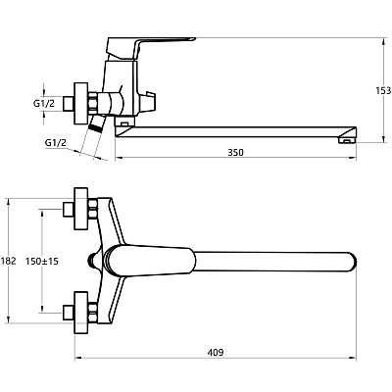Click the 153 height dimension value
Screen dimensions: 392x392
[x=383, y=90]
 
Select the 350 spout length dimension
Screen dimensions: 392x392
[x=235, y=152]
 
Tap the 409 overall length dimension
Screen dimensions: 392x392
[x=216, y=353]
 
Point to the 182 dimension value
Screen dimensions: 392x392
[x=8, y=261]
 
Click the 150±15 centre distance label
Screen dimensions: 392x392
[x=42, y=261]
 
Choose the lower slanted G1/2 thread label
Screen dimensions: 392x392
[x=56, y=142]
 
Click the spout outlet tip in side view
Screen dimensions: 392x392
[x=347, y=140]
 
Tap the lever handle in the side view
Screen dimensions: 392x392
[x=151, y=47]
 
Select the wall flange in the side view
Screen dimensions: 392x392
[x=81, y=104]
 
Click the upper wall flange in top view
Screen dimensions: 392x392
[x=81, y=209]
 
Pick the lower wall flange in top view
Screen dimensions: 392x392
[x=81, y=313]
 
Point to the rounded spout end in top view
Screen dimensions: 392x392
[x=352, y=261]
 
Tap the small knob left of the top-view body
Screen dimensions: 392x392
[x=93, y=261]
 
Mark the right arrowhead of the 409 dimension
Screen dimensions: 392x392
[x=353, y=358]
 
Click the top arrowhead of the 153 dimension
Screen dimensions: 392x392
[x=383, y=40]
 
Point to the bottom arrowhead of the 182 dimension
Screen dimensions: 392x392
[x=9, y=320]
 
